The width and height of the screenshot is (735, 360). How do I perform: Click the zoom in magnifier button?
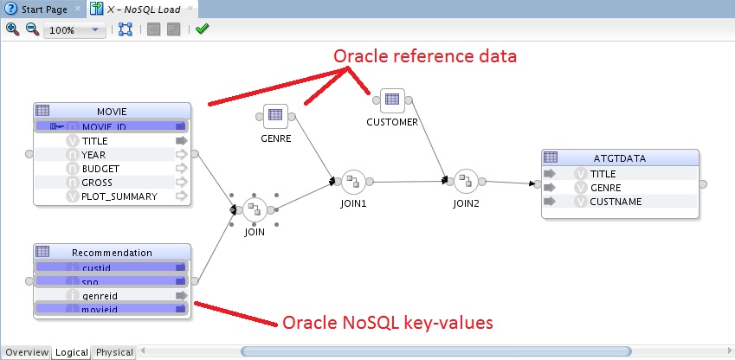(12, 29)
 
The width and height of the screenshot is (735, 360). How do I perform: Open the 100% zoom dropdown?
(98, 29)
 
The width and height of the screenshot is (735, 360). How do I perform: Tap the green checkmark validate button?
(202, 29)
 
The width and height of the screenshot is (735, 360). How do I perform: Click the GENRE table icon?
(275, 115)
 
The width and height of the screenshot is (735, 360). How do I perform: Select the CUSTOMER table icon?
(392, 100)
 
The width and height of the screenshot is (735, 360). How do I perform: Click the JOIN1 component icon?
(353, 182)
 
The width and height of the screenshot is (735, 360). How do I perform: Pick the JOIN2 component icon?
(466, 182)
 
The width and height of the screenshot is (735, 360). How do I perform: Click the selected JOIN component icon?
(255, 209)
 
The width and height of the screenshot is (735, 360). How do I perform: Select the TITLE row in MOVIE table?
(95, 140)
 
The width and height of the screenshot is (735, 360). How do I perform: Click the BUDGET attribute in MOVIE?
(100, 168)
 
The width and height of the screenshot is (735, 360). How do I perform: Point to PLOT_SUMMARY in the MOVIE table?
(119, 196)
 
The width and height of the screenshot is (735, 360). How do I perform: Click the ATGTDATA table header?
(620, 157)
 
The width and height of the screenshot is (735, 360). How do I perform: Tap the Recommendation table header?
(112, 253)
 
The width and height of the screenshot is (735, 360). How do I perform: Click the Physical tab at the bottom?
(114, 352)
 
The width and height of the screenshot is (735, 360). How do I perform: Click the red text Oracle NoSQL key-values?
(388, 323)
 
